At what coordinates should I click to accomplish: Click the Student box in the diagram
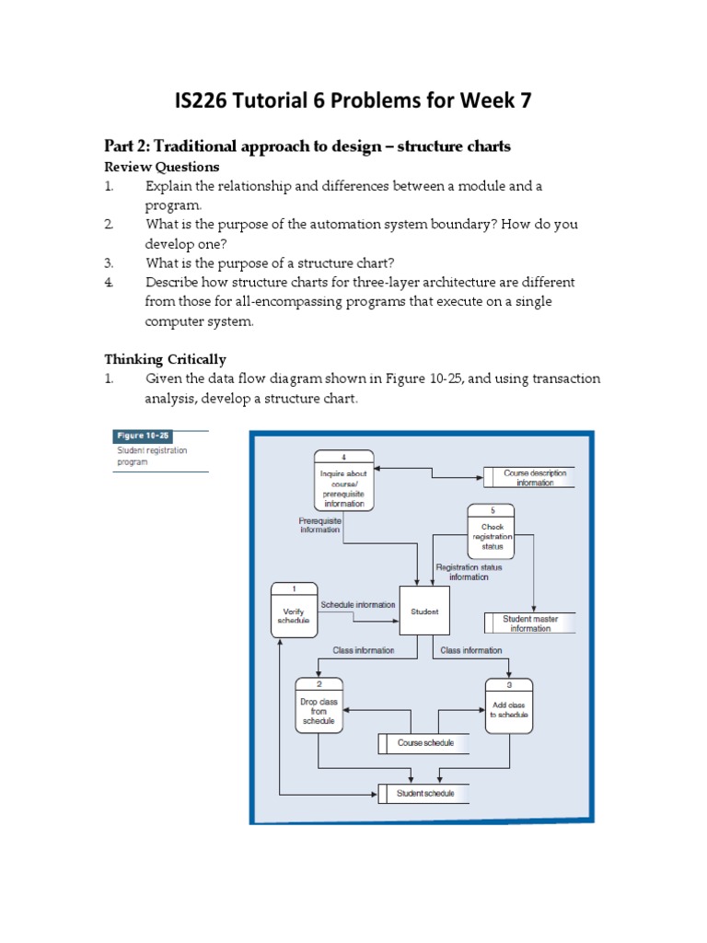click(423, 611)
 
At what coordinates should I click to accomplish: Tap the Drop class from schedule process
click(319, 710)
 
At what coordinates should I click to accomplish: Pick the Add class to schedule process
click(509, 710)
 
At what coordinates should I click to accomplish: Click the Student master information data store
click(530, 623)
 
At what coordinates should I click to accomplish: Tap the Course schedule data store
click(424, 743)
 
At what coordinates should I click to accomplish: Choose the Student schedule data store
click(424, 793)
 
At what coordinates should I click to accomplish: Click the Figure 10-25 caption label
click(143, 437)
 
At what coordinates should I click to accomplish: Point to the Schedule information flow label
click(357, 605)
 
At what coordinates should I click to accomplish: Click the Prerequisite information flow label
click(319, 525)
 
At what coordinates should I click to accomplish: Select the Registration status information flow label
click(469, 573)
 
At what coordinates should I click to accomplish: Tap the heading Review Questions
click(162, 167)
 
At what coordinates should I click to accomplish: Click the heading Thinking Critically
click(165, 359)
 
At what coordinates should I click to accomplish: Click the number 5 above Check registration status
click(492, 508)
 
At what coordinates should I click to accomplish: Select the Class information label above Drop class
click(363, 650)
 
